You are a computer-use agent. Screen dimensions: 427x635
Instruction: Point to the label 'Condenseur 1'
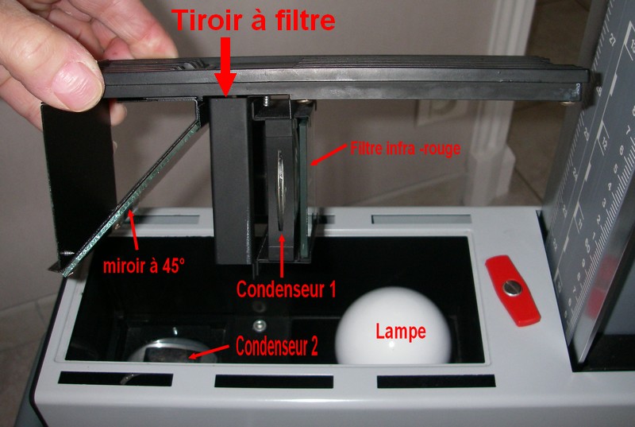click(x=285, y=289)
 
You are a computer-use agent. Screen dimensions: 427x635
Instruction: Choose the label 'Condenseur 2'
click(x=276, y=347)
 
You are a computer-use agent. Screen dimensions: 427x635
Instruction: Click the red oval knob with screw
click(x=513, y=289)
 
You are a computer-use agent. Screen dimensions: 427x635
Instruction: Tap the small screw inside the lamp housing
click(x=259, y=324)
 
